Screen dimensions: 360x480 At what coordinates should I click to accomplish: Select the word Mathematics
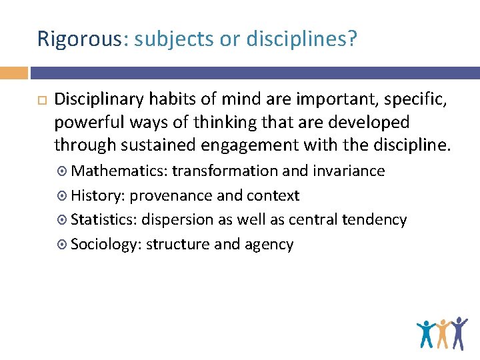point(119,171)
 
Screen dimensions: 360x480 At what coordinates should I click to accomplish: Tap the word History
point(97,196)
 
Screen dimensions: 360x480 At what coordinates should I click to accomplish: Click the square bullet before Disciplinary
point(41,101)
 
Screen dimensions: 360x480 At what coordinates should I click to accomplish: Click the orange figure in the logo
point(442,333)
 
